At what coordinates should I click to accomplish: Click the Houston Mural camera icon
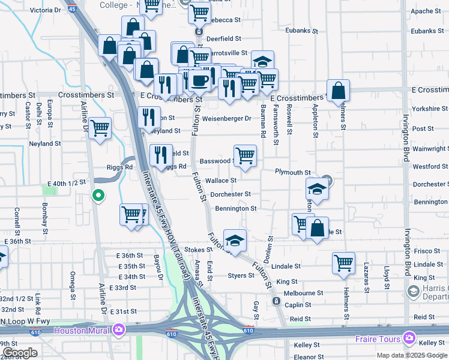(119, 330)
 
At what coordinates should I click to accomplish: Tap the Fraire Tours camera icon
(409, 338)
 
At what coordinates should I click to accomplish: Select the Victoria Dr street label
(45, 10)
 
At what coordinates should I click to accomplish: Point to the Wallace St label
(221, 180)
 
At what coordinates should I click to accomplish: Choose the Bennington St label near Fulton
(236, 209)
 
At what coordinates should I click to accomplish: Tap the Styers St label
(241, 275)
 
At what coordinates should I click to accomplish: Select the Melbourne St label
(304, 293)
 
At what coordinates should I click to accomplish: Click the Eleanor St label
(310, 357)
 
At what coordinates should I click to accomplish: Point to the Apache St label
(426, 11)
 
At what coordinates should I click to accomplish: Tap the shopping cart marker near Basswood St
(245, 155)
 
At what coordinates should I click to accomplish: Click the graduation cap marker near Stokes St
(235, 240)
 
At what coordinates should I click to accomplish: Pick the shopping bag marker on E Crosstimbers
(339, 90)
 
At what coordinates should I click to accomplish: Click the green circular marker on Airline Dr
(97, 195)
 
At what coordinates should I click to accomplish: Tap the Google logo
(20, 353)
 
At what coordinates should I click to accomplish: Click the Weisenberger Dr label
(226, 119)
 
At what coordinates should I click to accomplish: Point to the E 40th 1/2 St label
(67, 181)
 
